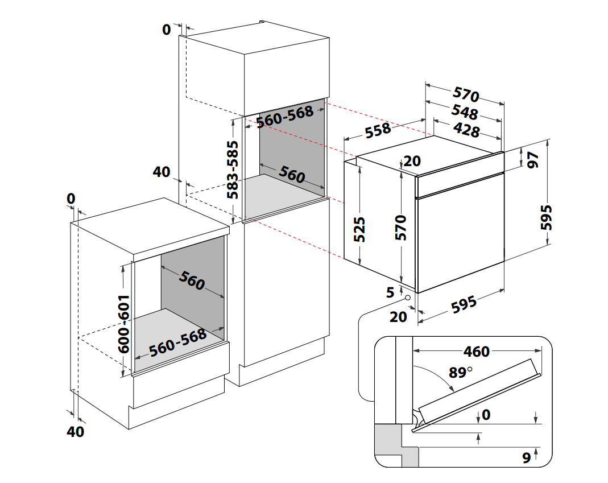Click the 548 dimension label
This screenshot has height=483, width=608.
click(x=464, y=113)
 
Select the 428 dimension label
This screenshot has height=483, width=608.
click(x=467, y=131)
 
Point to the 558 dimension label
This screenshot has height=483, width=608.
click(x=378, y=130)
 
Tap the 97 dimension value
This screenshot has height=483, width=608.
click(x=533, y=160)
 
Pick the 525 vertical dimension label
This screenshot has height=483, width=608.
click(x=359, y=229)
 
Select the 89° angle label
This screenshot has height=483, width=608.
click(x=461, y=373)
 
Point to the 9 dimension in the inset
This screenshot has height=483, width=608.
click(x=526, y=457)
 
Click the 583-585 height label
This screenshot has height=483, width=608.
click(x=233, y=170)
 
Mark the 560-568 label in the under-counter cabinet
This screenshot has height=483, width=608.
click(x=178, y=342)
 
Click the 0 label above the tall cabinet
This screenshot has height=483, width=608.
click(x=167, y=30)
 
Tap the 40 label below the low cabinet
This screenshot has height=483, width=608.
click(x=75, y=432)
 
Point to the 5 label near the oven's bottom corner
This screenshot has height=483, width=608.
click(x=390, y=293)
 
